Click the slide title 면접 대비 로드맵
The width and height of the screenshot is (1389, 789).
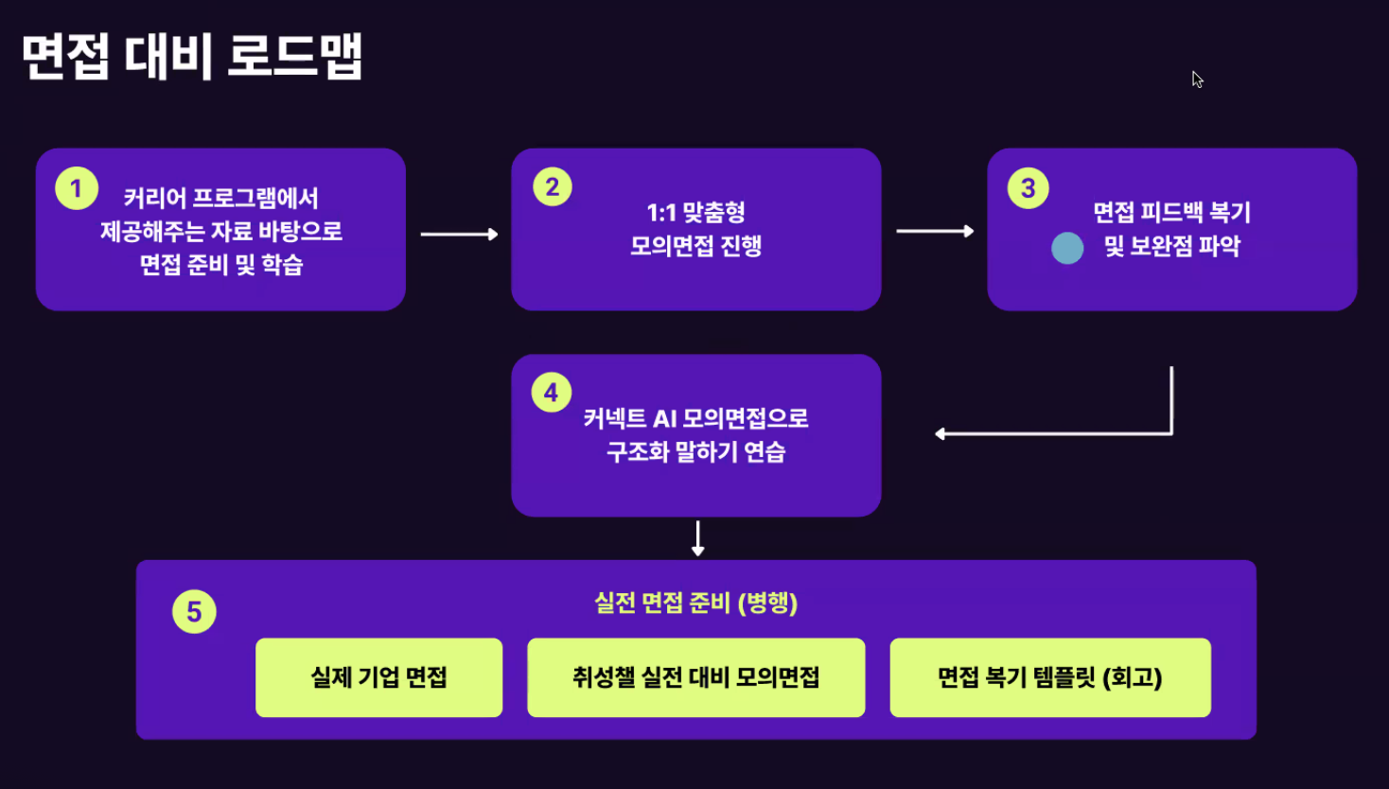[192, 57]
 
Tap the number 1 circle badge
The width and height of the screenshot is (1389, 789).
[77, 188]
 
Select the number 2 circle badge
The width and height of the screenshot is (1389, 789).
[553, 186]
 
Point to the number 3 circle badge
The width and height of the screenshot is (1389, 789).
[1029, 188]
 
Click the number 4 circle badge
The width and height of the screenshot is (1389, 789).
[552, 393]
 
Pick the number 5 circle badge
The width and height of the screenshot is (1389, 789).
[194, 612]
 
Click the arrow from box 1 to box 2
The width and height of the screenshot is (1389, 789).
[459, 234]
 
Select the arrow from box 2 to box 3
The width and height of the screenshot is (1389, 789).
[935, 231]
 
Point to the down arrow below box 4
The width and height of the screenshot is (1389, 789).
[698, 538]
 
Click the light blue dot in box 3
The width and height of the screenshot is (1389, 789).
[1067, 248]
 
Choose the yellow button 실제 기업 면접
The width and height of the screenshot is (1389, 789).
[378, 677]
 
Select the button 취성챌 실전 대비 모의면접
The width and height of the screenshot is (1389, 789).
[695, 677]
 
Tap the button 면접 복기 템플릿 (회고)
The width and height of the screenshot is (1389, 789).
[1049, 677]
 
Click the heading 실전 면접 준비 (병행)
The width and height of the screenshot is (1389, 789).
[695, 603]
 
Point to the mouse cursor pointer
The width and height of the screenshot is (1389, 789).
[1197, 79]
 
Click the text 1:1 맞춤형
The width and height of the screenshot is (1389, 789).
[695, 212]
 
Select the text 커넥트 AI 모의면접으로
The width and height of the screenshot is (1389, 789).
[695, 418]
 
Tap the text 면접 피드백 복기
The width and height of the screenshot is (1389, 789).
[1171, 212]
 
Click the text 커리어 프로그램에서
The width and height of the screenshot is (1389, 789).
[220, 198]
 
